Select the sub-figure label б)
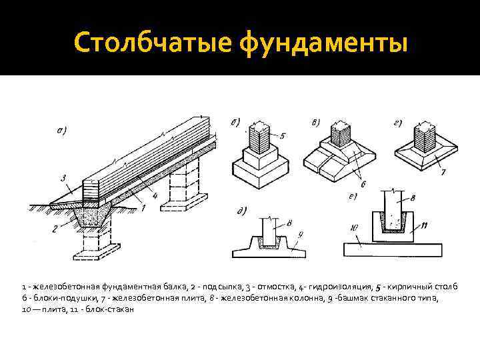pos(235,122)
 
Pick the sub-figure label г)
pos(398,123)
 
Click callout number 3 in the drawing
pos(61,177)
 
